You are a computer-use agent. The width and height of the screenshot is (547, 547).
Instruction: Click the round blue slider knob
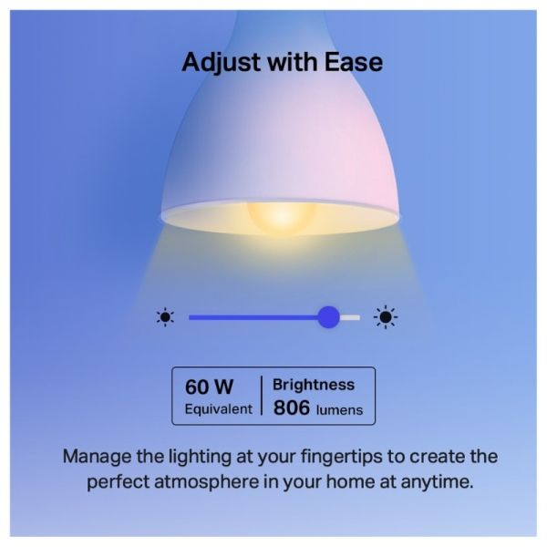(x=328, y=317)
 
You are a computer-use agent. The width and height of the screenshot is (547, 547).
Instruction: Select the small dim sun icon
(x=165, y=317)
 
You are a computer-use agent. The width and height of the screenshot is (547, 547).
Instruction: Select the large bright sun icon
(x=387, y=317)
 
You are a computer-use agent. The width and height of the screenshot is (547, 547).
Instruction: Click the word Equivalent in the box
(x=218, y=409)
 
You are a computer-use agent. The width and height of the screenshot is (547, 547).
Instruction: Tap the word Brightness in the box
(x=314, y=385)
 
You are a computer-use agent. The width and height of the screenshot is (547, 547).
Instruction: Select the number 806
(x=292, y=408)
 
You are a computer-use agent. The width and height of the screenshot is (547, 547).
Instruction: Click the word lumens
(x=339, y=410)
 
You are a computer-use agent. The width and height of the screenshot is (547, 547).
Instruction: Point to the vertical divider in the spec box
(x=262, y=397)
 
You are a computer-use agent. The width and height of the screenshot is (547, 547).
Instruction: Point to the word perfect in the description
(x=120, y=481)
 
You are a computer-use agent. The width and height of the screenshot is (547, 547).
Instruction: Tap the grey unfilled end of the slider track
(x=351, y=317)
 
